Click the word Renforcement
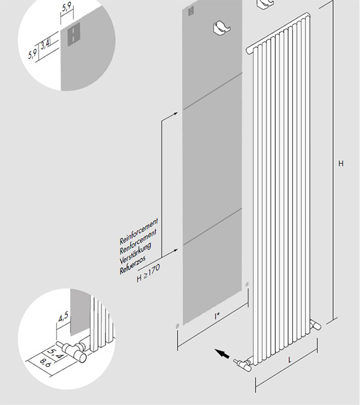[139, 239]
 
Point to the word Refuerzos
[136, 265]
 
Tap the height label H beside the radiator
[341, 163]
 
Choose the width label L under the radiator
[290, 359]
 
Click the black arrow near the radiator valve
[222, 354]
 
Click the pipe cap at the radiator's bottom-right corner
[316, 325]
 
